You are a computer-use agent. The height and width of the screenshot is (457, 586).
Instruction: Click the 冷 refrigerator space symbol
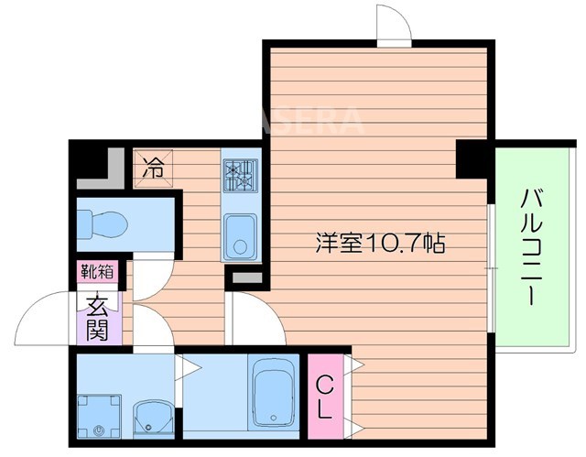coord(155,169)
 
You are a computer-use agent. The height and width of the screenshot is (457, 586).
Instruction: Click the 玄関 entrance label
coord(98,316)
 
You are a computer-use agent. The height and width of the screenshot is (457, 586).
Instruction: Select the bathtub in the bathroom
coord(271,392)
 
